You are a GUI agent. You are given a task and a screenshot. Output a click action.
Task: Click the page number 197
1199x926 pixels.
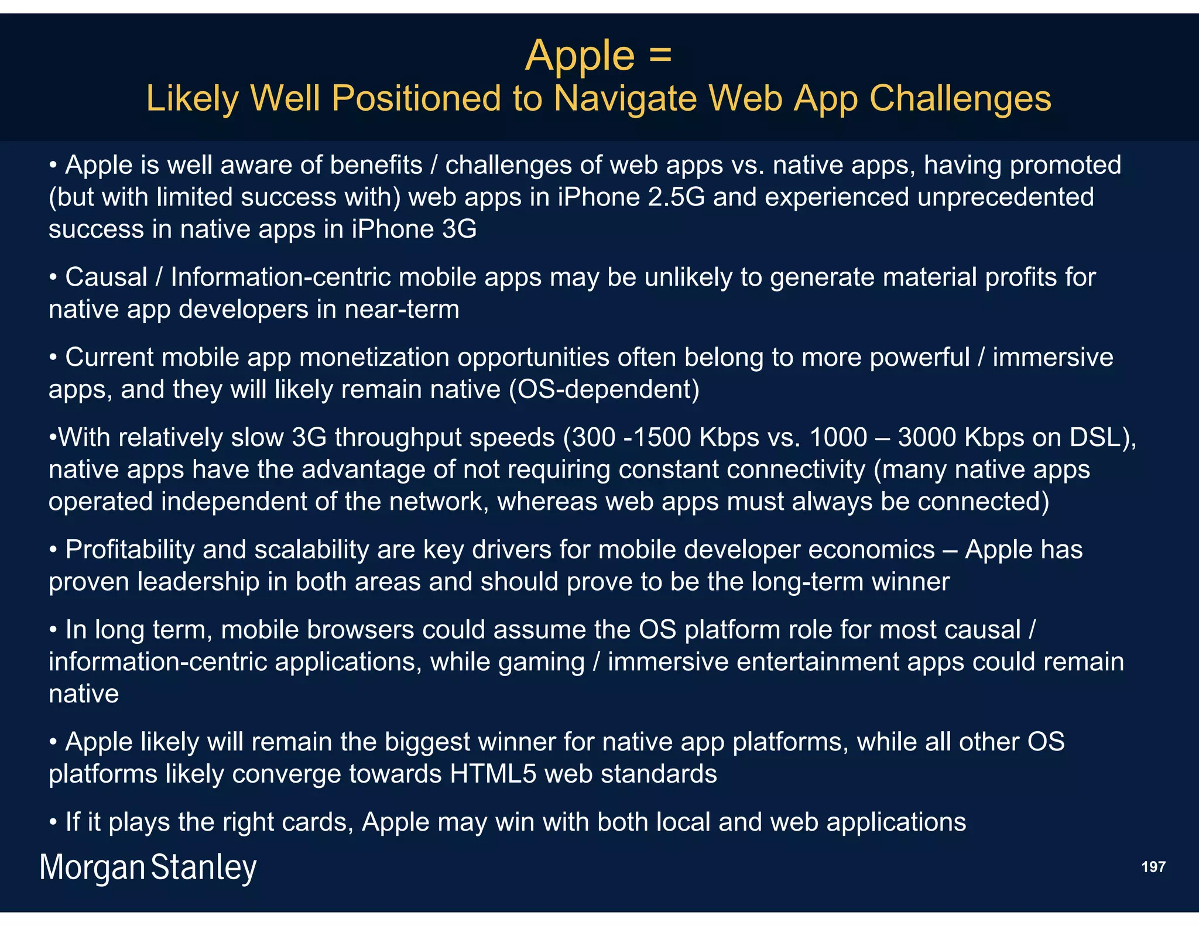coord(1153,867)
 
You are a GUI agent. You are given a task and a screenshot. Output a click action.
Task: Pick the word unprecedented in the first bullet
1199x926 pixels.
coord(1005,197)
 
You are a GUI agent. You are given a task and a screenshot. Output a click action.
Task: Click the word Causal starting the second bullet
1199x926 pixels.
coord(106,277)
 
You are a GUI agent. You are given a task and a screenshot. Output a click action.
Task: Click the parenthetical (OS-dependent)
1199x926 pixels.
coord(604,389)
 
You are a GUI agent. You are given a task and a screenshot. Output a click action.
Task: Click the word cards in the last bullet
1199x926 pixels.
coord(317,822)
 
